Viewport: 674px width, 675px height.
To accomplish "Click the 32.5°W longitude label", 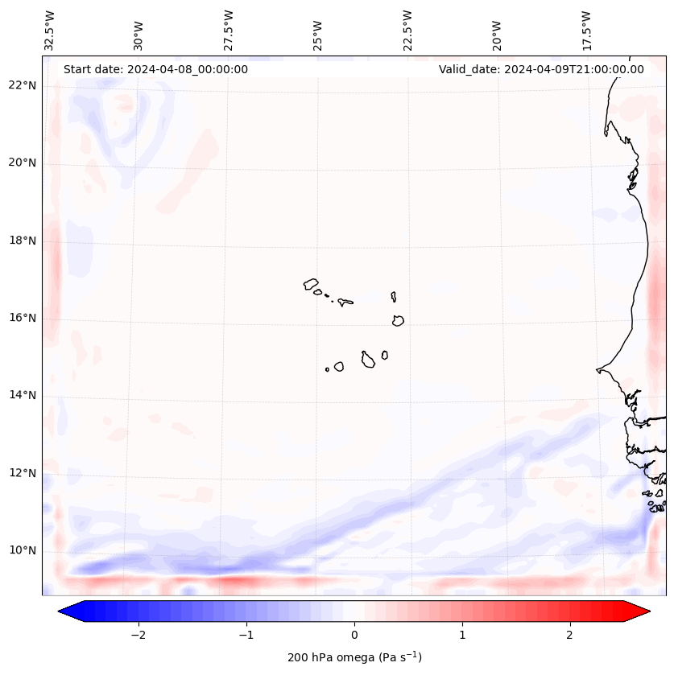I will coord(50,31).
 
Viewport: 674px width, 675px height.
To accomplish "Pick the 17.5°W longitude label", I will coord(586,31).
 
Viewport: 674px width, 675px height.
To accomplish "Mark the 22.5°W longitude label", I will coord(407,31).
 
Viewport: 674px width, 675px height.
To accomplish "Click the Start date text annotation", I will coord(155,69).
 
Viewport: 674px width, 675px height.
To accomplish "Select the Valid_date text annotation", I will coord(541,69).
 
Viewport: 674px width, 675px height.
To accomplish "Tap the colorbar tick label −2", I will coord(138,635).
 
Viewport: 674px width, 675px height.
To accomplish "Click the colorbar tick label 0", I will coord(354,635).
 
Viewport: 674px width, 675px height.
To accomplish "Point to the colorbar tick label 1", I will coord(462,635).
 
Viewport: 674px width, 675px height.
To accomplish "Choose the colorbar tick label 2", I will coord(570,635).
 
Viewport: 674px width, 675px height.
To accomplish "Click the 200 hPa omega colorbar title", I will coord(354,657).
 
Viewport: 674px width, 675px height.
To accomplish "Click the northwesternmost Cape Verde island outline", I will coord(311,284).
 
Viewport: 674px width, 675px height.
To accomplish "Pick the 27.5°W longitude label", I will coord(229,31).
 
